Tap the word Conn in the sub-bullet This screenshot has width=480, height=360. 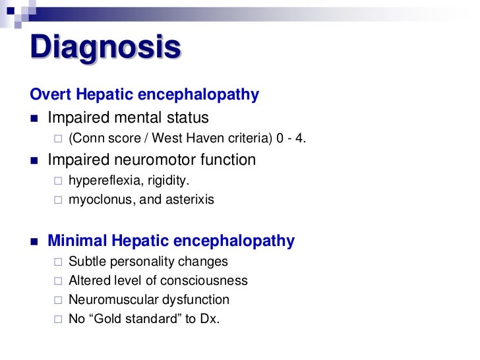89,139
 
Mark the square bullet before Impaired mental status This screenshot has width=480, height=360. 35,119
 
